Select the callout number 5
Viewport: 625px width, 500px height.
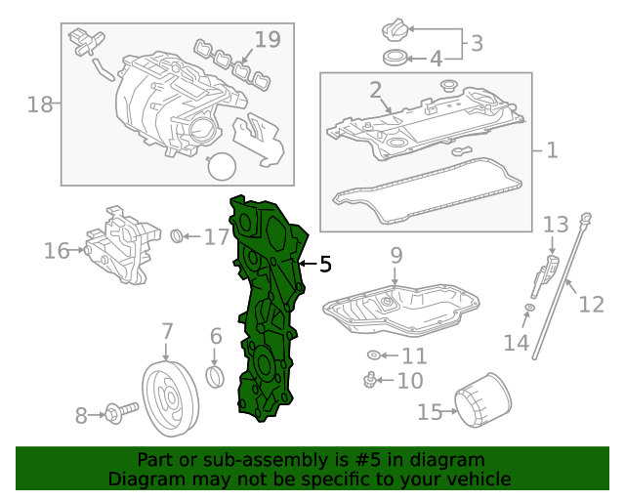[325, 264]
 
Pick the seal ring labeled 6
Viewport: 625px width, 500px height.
[217, 377]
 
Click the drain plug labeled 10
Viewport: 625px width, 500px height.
[370, 379]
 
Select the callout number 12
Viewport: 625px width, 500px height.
[591, 305]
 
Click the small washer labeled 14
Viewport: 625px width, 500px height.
[528, 310]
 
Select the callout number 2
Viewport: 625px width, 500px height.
[375, 91]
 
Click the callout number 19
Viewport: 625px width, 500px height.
[268, 40]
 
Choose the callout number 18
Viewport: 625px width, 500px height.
[40, 104]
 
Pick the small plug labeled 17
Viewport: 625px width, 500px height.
[178, 235]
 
